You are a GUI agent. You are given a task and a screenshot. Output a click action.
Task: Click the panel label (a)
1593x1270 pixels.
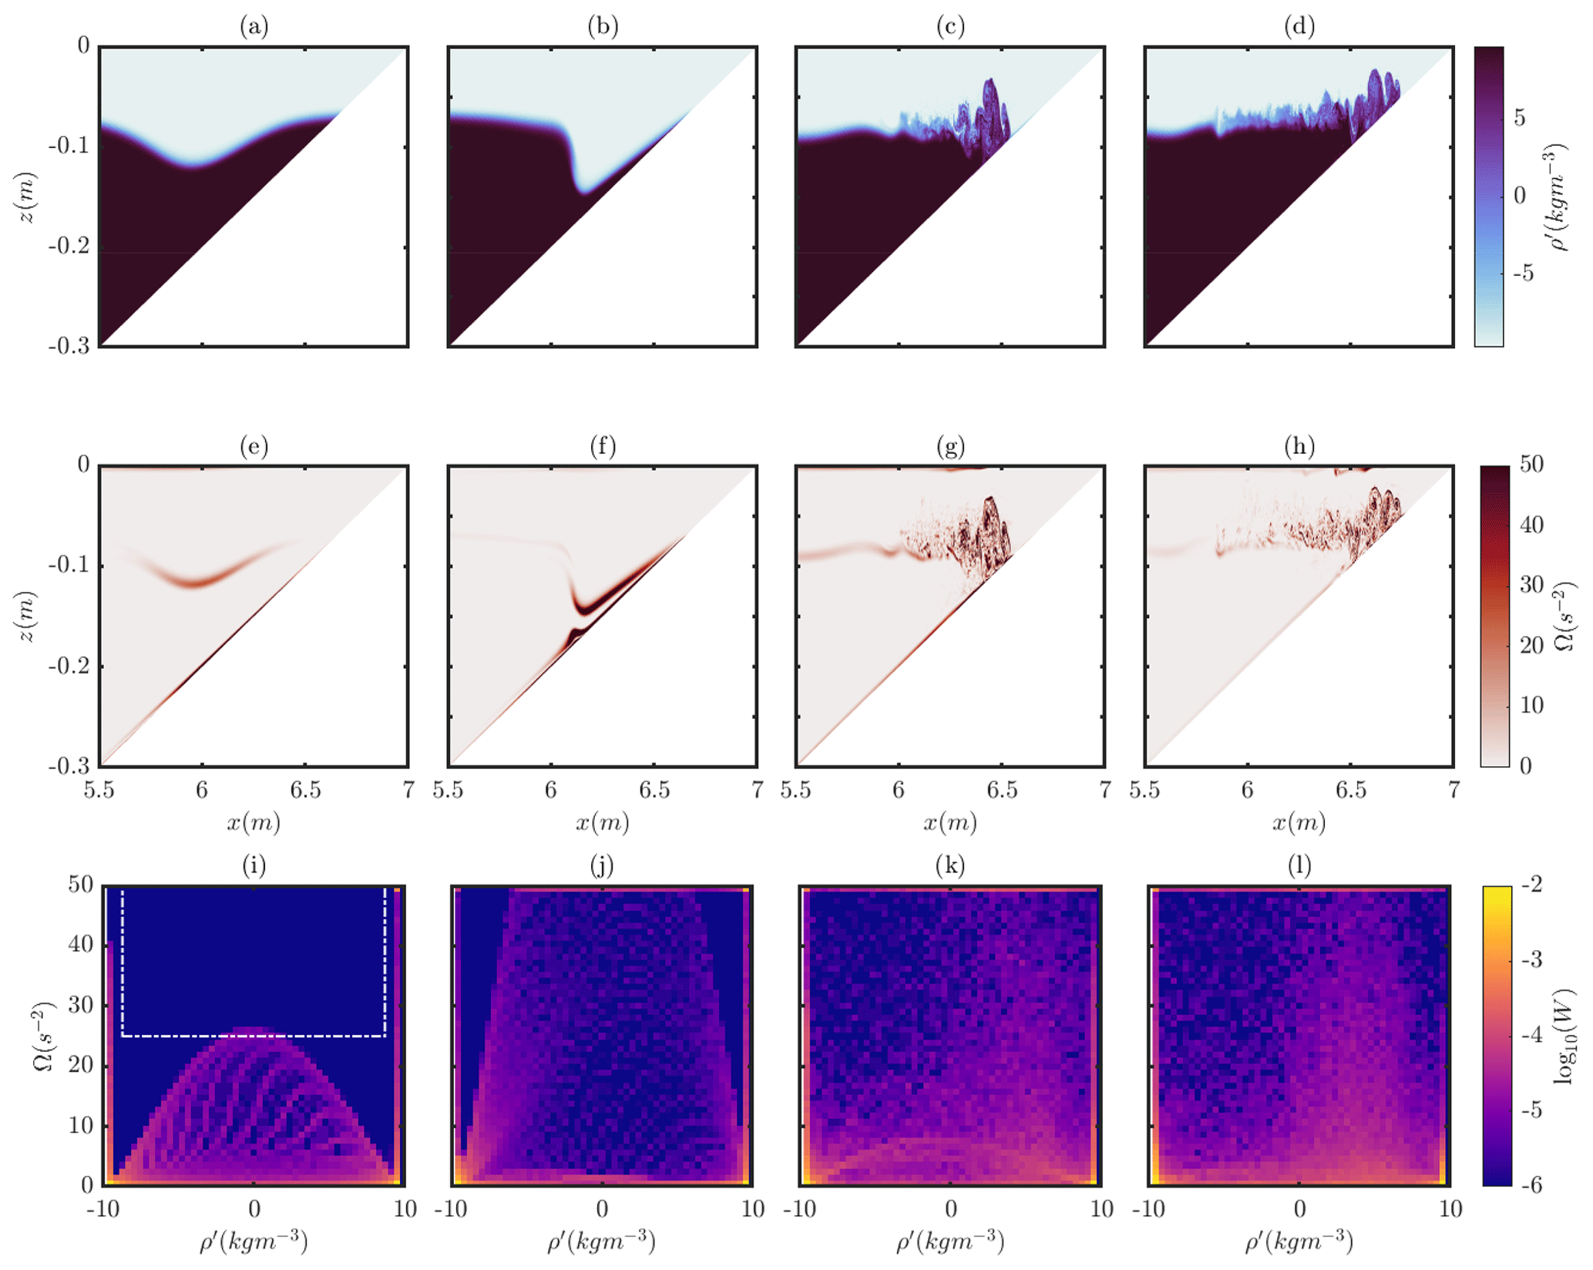click(254, 27)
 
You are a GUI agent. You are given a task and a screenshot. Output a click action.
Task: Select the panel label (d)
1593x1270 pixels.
click(1299, 27)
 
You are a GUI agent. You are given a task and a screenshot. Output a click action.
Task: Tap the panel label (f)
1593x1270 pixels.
click(602, 446)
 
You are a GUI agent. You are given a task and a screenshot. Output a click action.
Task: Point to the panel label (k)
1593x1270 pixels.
click(950, 866)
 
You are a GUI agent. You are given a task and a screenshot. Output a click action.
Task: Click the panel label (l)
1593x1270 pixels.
click(1299, 866)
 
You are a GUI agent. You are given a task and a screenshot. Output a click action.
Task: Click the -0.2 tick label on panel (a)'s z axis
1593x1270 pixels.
click(70, 247)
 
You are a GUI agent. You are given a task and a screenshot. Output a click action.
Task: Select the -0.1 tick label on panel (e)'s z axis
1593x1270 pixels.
click(70, 565)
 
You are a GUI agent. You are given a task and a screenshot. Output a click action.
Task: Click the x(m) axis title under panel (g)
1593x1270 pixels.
click(950, 823)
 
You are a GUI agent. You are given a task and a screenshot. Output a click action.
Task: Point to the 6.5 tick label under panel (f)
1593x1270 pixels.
click(654, 791)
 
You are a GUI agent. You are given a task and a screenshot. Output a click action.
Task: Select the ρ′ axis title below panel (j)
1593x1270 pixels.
click(602, 1241)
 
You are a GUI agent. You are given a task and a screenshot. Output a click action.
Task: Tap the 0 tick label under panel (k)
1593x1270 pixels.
click(950, 1209)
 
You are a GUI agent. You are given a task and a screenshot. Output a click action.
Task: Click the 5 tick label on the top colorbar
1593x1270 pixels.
click(1519, 118)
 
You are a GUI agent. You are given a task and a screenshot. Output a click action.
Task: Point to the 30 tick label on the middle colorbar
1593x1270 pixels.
click(1531, 585)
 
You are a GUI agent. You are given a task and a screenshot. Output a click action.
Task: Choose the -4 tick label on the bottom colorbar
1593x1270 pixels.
click(1525, 1035)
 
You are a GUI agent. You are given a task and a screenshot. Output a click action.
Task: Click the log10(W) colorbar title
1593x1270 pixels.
click(1564, 1035)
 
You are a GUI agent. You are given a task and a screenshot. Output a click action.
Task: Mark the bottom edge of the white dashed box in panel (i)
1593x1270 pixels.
click(254, 1036)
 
